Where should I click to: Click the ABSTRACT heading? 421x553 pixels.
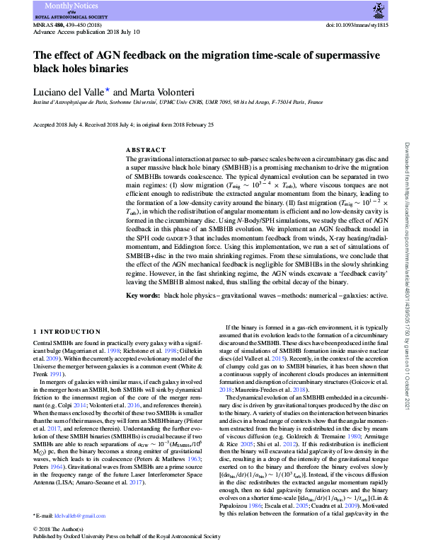point(146,151)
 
